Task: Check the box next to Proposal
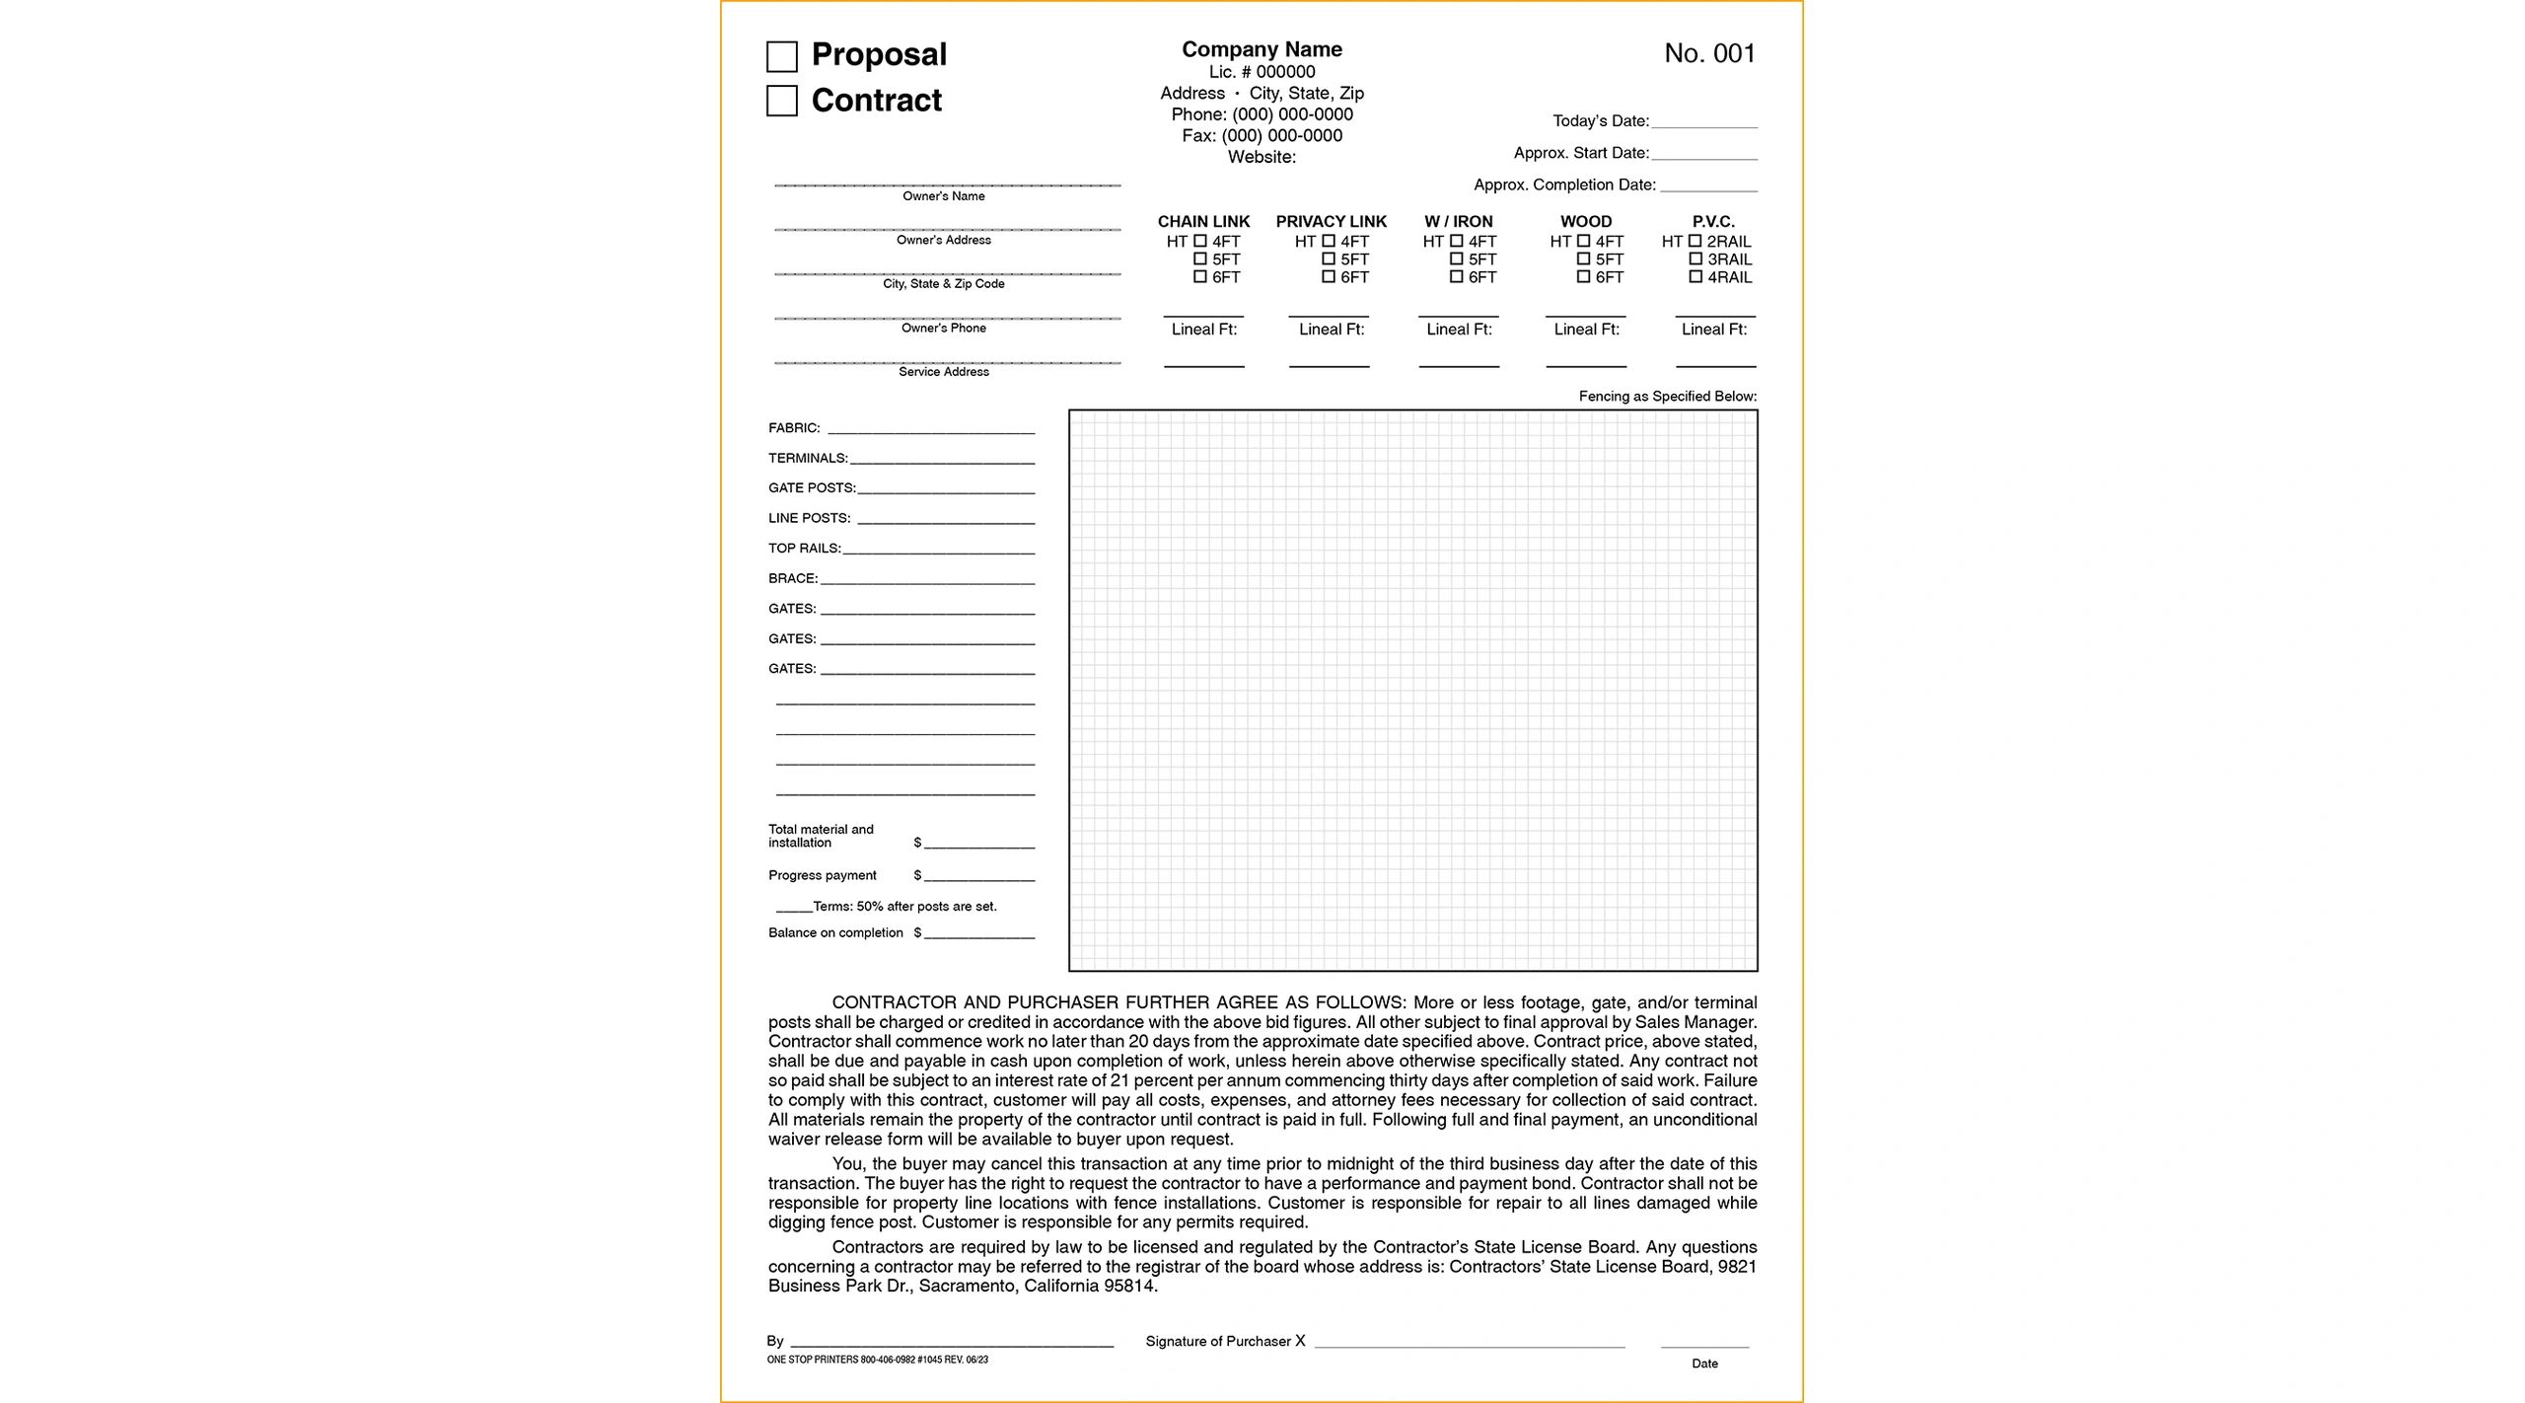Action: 781,56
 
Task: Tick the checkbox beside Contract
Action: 781,101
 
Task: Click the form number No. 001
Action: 1709,53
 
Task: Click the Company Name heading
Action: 1262,49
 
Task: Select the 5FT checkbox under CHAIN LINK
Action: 1200,259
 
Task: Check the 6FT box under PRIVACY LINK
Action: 1329,277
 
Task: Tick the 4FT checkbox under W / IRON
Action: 1457,241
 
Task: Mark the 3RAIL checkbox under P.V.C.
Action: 1695,259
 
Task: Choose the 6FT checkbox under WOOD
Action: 1583,277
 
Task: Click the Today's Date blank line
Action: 1703,124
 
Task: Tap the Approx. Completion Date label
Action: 1564,185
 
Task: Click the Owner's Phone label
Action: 943,328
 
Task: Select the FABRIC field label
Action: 794,428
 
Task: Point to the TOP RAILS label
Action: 804,549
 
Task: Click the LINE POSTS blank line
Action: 945,520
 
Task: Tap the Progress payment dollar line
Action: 978,877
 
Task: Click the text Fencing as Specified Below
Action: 1667,397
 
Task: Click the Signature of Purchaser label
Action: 1218,1342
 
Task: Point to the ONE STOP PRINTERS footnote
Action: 877,1360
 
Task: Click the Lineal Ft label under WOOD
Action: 1586,330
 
